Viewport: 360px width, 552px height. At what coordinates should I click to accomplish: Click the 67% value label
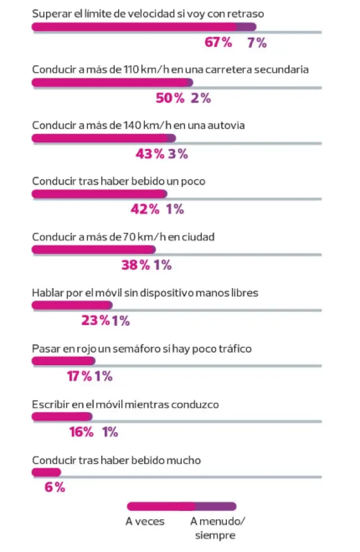[219, 43]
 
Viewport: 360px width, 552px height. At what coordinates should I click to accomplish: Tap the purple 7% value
[257, 43]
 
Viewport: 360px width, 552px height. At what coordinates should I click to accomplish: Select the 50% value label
[170, 98]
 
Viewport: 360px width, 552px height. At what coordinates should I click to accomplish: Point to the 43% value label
[151, 154]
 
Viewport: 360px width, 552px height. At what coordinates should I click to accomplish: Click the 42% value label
[145, 209]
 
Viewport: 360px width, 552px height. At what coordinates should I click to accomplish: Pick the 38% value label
[136, 265]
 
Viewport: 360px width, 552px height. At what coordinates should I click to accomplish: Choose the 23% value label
[96, 321]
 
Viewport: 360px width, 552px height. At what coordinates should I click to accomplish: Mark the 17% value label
[79, 376]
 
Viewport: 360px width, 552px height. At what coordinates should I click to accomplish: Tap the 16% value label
[81, 432]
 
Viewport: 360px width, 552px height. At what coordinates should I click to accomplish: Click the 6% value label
[55, 488]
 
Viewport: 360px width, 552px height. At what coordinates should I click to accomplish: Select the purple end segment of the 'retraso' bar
[246, 27]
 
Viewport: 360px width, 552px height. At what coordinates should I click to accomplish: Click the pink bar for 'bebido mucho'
[46, 472]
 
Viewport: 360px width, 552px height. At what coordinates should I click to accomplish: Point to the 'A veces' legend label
[145, 522]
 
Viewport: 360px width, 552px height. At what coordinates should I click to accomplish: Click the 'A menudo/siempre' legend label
[218, 528]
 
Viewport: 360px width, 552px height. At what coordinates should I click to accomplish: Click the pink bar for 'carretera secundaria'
[109, 83]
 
